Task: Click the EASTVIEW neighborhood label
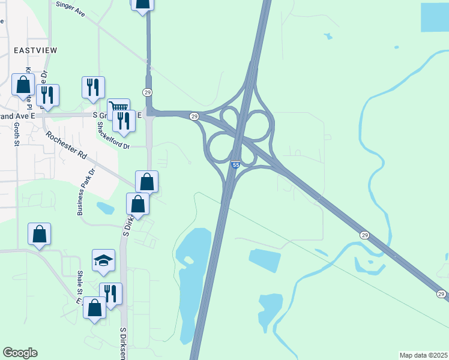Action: [33, 50]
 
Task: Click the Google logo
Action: [20, 353]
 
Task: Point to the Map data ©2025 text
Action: [423, 355]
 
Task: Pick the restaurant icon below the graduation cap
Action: [110, 293]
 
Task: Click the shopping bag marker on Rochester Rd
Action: [147, 181]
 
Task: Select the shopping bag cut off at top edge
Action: [142, 4]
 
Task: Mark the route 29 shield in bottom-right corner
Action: [441, 294]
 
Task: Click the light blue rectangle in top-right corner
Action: [435, 17]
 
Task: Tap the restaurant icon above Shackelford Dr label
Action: [94, 86]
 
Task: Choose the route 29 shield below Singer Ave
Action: [147, 92]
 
